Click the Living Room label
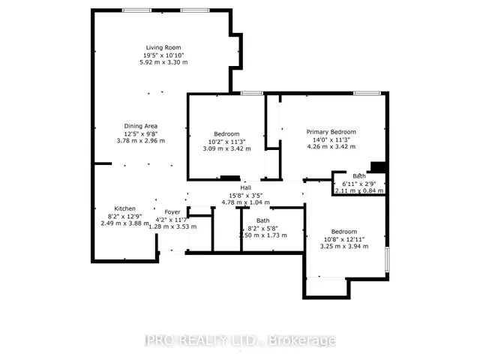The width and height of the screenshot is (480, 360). click(163, 47)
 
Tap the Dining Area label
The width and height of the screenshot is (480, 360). click(141, 125)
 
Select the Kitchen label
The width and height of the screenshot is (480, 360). click(124, 208)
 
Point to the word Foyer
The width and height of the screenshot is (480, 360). click(172, 211)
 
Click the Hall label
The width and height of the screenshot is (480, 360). click(247, 187)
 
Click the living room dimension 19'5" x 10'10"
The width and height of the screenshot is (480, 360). click(163, 55)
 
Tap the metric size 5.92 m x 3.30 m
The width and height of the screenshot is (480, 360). click(163, 62)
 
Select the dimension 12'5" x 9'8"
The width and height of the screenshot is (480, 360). click(141, 133)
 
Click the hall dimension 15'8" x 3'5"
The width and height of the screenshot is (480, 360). click(247, 195)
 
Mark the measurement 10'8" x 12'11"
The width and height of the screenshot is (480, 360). click(338, 238)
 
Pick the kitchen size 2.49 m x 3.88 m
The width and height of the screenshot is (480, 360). click(124, 223)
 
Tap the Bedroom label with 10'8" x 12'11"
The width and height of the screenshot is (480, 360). click(338, 231)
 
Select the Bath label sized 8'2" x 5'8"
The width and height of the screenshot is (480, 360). click(262, 220)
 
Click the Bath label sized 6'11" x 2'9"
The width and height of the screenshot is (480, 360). click(360, 176)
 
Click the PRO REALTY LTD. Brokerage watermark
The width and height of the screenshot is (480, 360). click(239, 340)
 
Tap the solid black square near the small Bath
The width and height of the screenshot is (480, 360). click(379, 167)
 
